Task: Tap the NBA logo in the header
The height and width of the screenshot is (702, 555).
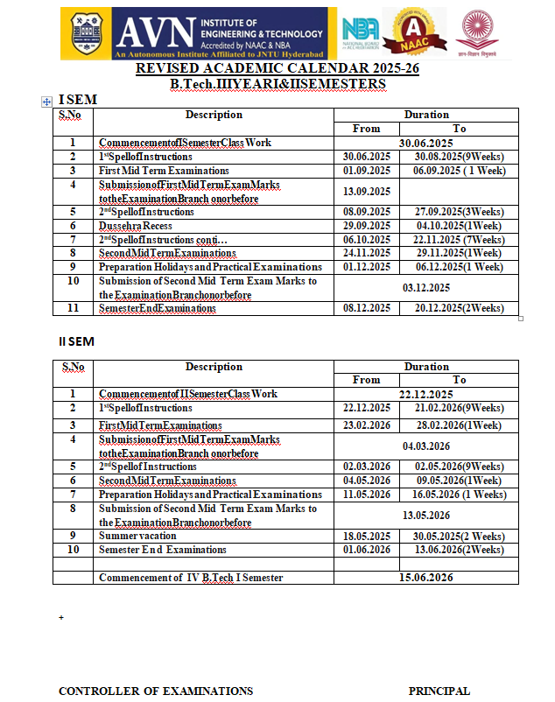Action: pyautogui.click(x=360, y=34)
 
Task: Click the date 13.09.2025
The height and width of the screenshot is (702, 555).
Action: pyautogui.click(x=367, y=191)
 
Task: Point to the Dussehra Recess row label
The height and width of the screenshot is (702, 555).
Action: pyautogui.click(x=136, y=225)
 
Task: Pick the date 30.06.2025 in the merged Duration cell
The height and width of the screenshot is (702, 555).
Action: pyautogui.click(x=425, y=143)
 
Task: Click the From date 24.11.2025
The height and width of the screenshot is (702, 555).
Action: pyautogui.click(x=367, y=252)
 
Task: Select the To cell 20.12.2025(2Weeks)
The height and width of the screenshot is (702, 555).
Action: pyautogui.click(x=460, y=308)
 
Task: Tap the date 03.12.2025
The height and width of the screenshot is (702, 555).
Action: pyautogui.click(x=426, y=287)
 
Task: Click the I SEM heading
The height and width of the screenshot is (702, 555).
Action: pyautogui.click(x=77, y=100)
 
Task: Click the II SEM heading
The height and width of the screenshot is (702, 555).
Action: pyautogui.click(x=76, y=341)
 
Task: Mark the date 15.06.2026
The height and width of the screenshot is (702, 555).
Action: pyautogui.click(x=425, y=578)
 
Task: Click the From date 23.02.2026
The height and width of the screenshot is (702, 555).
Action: pyautogui.click(x=367, y=425)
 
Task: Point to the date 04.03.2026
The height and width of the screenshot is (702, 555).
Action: pyautogui.click(x=426, y=446)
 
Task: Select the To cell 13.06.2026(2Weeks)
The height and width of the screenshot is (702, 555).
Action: pyautogui.click(x=460, y=550)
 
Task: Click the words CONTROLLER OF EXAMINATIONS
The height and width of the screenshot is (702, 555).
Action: pyautogui.click(x=156, y=691)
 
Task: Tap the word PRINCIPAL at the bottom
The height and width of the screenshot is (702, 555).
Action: pyautogui.click(x=439, y=691)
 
